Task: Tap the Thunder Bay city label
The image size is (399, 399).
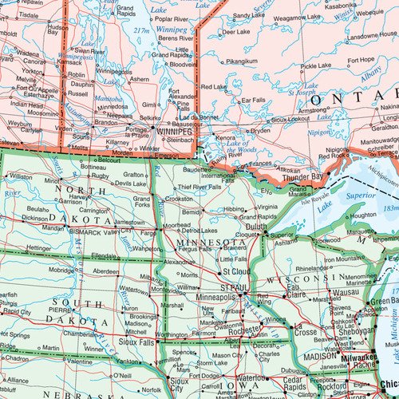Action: [x=306, y=176]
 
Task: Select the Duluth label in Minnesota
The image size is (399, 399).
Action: [x=256, y=227]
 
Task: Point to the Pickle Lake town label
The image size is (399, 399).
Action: [x=315, y=65]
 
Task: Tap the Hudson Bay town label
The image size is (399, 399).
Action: [x=57, y=30]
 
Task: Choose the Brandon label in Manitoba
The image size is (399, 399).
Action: [x=105, y=122]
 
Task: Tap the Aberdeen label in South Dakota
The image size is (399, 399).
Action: [x=106, y=271]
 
